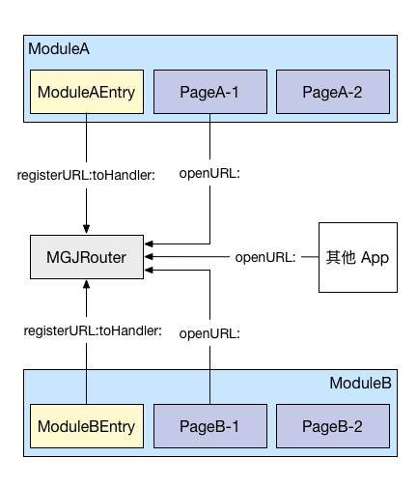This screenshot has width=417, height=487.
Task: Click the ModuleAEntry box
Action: point(87,92)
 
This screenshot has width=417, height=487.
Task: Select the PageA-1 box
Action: point(210,92)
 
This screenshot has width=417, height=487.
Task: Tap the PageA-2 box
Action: point(333,92)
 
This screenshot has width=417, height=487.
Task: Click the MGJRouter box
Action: point(87,257)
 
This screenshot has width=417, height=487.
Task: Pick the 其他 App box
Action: point(358,257)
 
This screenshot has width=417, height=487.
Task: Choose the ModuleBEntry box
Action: point(87,426)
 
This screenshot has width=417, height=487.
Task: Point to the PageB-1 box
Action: point(210,426)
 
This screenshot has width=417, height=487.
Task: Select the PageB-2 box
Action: point(333,426)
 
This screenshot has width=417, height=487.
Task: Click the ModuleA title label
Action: point(59,49)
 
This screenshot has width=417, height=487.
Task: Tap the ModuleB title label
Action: point(360,383)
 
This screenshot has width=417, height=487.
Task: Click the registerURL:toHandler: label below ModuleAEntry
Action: point(86,175)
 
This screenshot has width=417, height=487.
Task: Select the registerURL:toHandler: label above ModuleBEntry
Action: point(93,330)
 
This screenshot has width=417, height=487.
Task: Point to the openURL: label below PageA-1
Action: point(209,174)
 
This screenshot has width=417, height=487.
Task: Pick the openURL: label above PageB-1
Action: point(209,333)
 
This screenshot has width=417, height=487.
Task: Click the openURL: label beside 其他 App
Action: point(265,257)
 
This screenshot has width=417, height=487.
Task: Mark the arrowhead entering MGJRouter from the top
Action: point(86,229)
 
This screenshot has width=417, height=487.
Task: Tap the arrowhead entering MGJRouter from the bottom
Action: point(86,285)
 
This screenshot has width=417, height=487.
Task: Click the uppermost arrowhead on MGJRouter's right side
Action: point(149,243)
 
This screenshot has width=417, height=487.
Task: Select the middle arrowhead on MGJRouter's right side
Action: point(149,257)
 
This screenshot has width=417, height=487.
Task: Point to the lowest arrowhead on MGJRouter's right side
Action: point(149,270)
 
